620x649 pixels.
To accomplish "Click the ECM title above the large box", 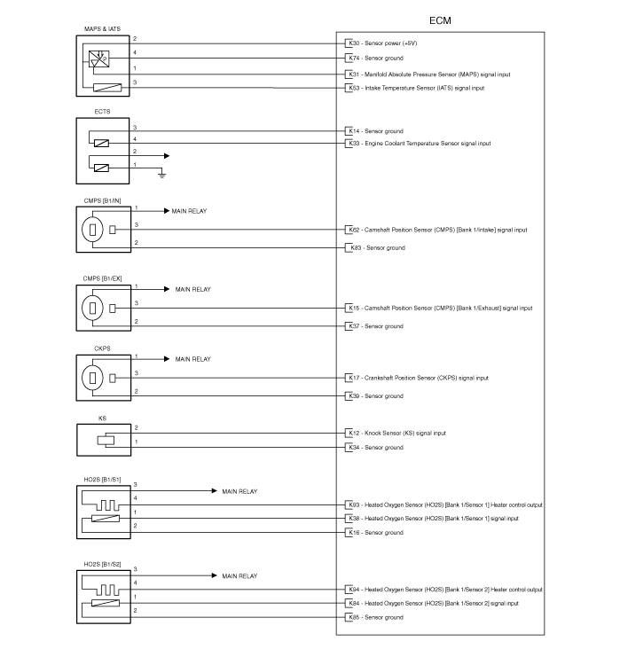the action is [440, 20].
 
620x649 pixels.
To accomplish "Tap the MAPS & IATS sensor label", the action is [102, 29].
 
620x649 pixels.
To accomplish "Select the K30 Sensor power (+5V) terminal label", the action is [382, 43].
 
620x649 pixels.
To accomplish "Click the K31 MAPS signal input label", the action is [429, 74].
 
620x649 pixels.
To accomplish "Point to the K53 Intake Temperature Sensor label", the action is [416, 88].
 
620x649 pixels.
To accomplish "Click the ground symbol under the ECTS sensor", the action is [162, 175].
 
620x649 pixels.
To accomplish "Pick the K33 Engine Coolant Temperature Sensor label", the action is [420, 144].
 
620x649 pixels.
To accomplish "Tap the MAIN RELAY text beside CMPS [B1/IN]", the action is [189, 211].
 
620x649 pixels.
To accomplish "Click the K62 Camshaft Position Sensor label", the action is [438, 230].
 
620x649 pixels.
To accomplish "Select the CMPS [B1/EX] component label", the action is [102, 278].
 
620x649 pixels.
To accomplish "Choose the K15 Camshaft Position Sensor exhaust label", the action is [441, 308].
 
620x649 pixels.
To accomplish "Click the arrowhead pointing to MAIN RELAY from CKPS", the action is [167, 359].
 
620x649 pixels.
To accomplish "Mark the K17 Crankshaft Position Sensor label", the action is [419, 378].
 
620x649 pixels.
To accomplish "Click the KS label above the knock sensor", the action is [102, 418].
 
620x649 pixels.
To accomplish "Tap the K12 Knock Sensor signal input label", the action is [397, 434].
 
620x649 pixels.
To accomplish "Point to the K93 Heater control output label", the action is [445, 505].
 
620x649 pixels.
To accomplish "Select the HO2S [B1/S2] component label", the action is [102, 565].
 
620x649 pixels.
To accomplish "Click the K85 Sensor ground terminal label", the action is [376, 618].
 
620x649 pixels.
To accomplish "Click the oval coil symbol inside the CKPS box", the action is [92, 378].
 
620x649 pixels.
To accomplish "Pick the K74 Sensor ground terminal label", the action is [376, 59].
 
